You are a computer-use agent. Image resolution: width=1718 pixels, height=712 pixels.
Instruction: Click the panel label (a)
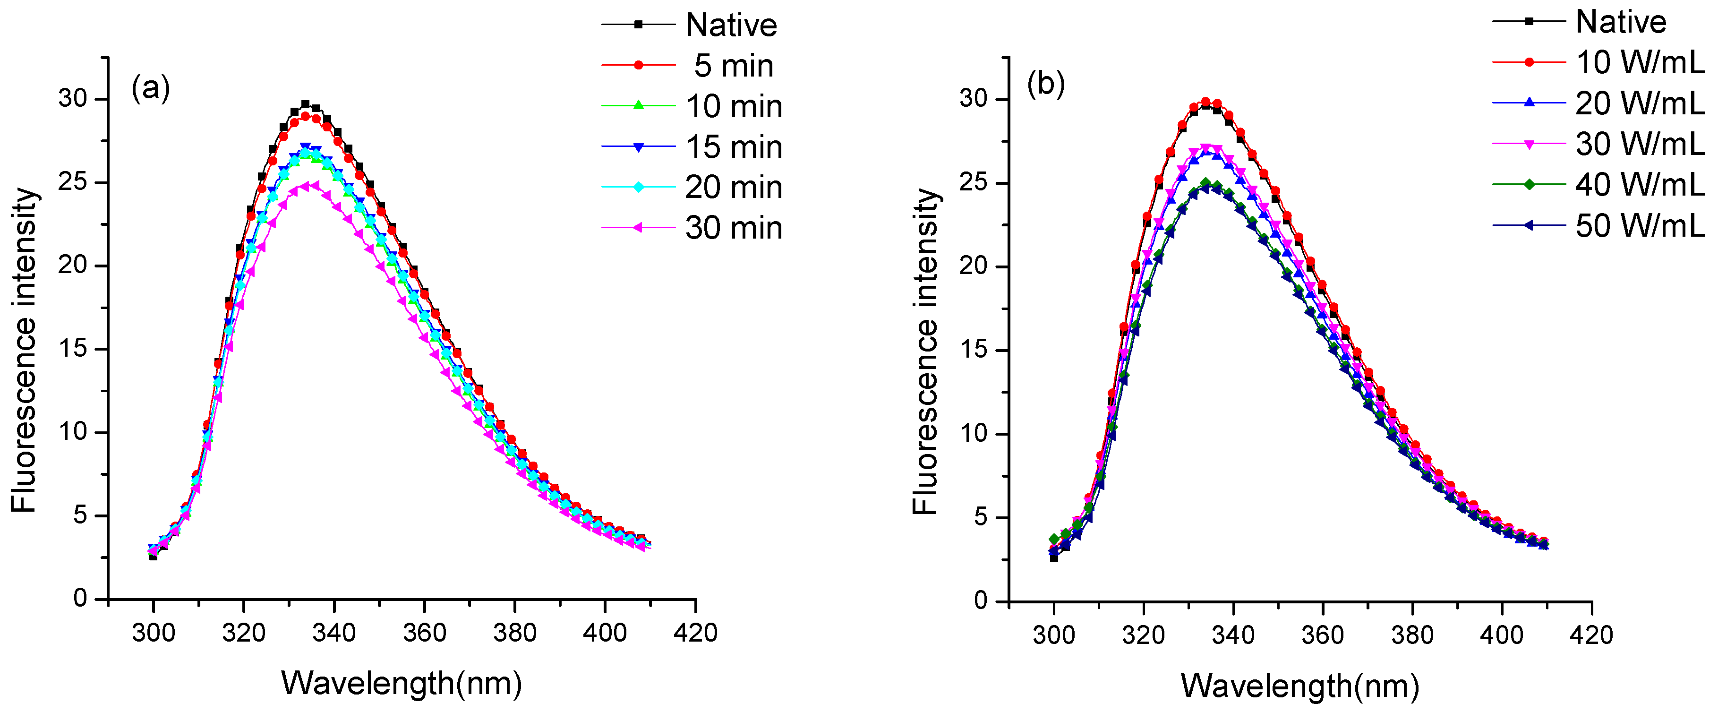151,87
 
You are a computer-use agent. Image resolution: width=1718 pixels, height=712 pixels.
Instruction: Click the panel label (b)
1046,84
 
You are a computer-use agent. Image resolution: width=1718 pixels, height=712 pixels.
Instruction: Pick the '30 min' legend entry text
734,228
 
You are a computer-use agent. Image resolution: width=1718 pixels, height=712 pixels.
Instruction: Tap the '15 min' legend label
734,147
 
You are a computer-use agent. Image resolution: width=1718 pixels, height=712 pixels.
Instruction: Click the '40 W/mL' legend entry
1639,185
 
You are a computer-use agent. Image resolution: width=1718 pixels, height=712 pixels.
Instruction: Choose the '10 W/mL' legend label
1639,63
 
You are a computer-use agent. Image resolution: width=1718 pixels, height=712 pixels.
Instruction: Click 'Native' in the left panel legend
731,26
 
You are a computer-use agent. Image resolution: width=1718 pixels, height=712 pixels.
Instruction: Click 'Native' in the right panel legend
1621,22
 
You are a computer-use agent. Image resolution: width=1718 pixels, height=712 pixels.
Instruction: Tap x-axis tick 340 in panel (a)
334,633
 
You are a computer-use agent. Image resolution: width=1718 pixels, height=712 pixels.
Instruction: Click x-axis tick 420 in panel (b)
1591,635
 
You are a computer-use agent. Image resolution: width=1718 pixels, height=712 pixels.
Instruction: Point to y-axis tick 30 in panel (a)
73,99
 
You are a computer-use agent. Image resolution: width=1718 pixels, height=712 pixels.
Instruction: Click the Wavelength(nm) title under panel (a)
402,683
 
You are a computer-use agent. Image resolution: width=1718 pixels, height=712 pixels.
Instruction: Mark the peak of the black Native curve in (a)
306,104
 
